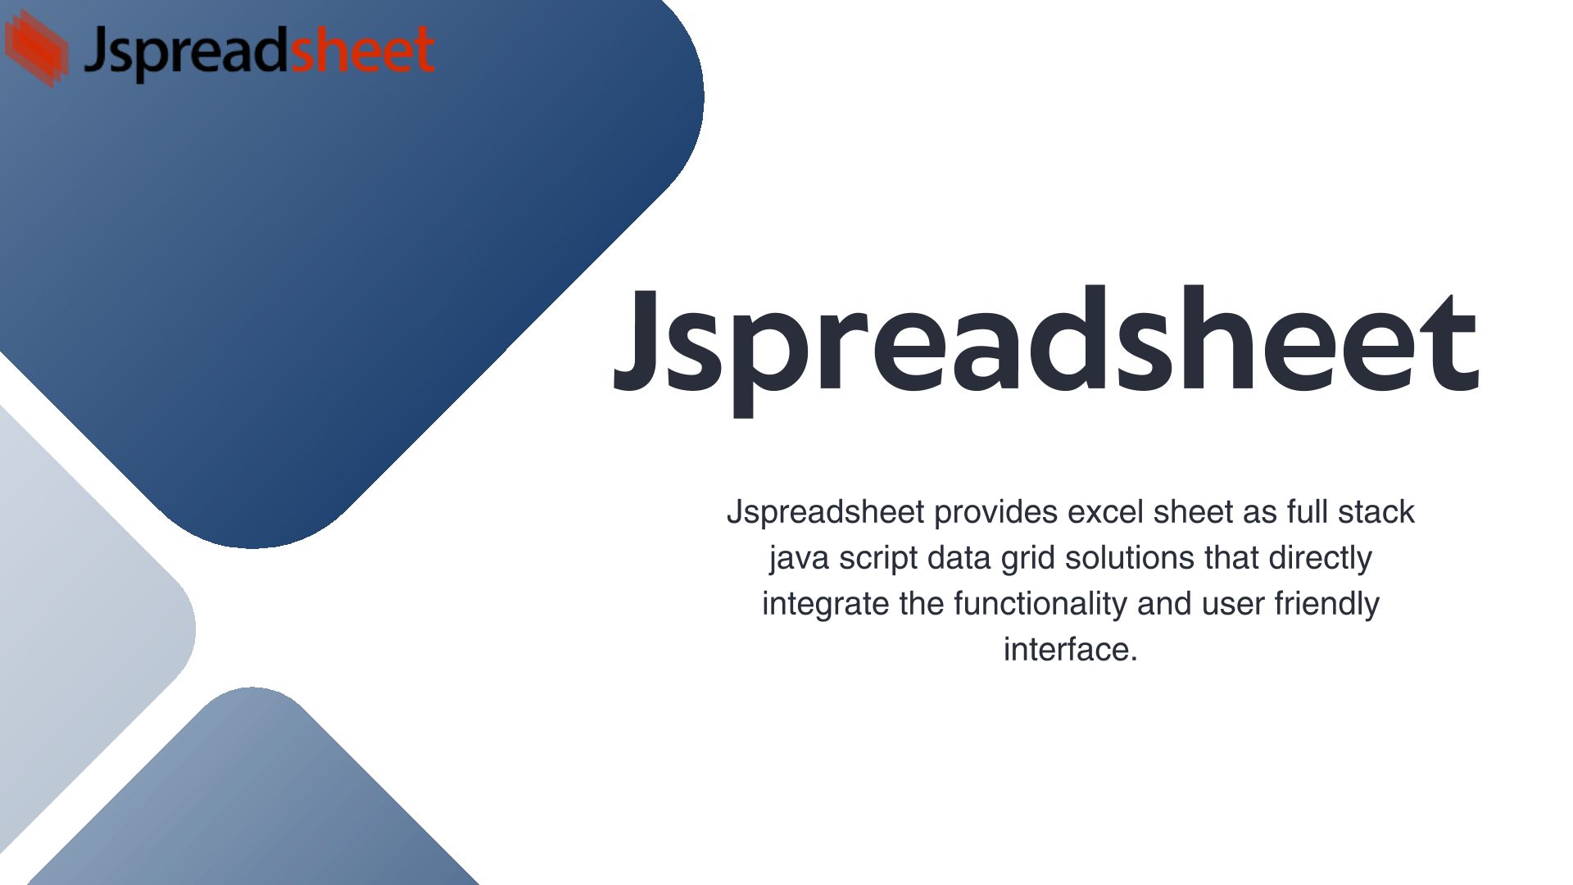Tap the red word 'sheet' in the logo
362,49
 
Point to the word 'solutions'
1131,558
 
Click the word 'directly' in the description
1320,559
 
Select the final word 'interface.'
1071,650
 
